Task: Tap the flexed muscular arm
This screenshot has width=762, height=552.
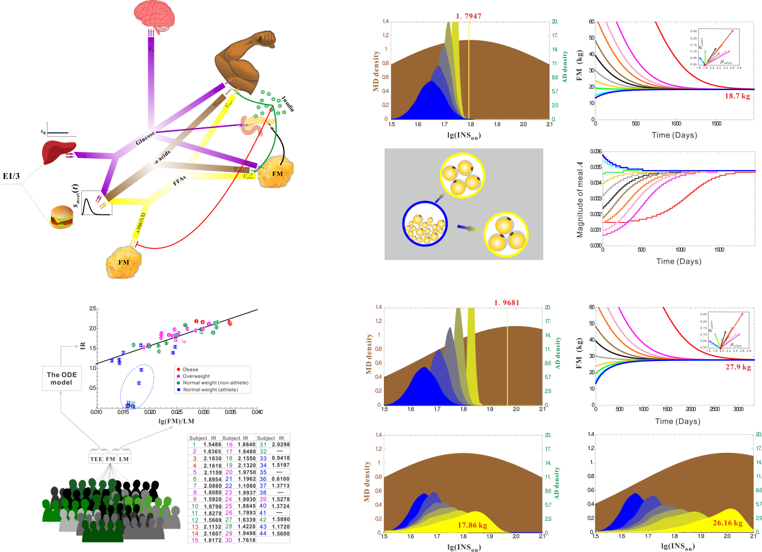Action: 244,59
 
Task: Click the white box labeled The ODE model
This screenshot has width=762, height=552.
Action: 61,378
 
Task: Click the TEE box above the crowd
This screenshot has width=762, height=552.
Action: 96,459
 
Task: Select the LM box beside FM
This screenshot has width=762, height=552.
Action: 124,459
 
